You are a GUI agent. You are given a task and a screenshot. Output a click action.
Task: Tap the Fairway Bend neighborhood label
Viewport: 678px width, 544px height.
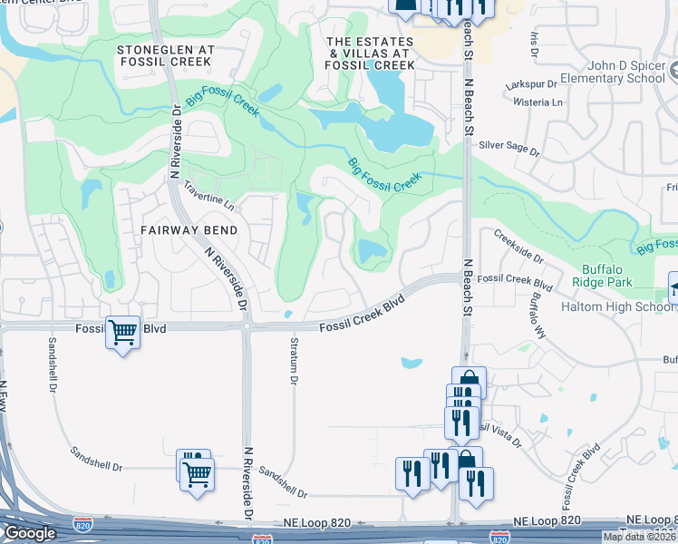(x=189, y=230)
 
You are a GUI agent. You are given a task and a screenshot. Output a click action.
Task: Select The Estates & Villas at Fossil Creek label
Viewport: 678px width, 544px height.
(x=370, y=53)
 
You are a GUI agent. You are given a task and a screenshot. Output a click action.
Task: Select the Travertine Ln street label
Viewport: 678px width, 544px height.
(x=208, y=196)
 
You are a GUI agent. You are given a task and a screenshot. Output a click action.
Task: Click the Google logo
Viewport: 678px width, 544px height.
(x=30, y=533)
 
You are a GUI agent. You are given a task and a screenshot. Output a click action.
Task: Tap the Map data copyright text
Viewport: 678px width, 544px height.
(x=638, y=537)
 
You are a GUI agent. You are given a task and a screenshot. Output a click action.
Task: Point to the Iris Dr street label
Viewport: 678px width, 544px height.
(x=535, y=42)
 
